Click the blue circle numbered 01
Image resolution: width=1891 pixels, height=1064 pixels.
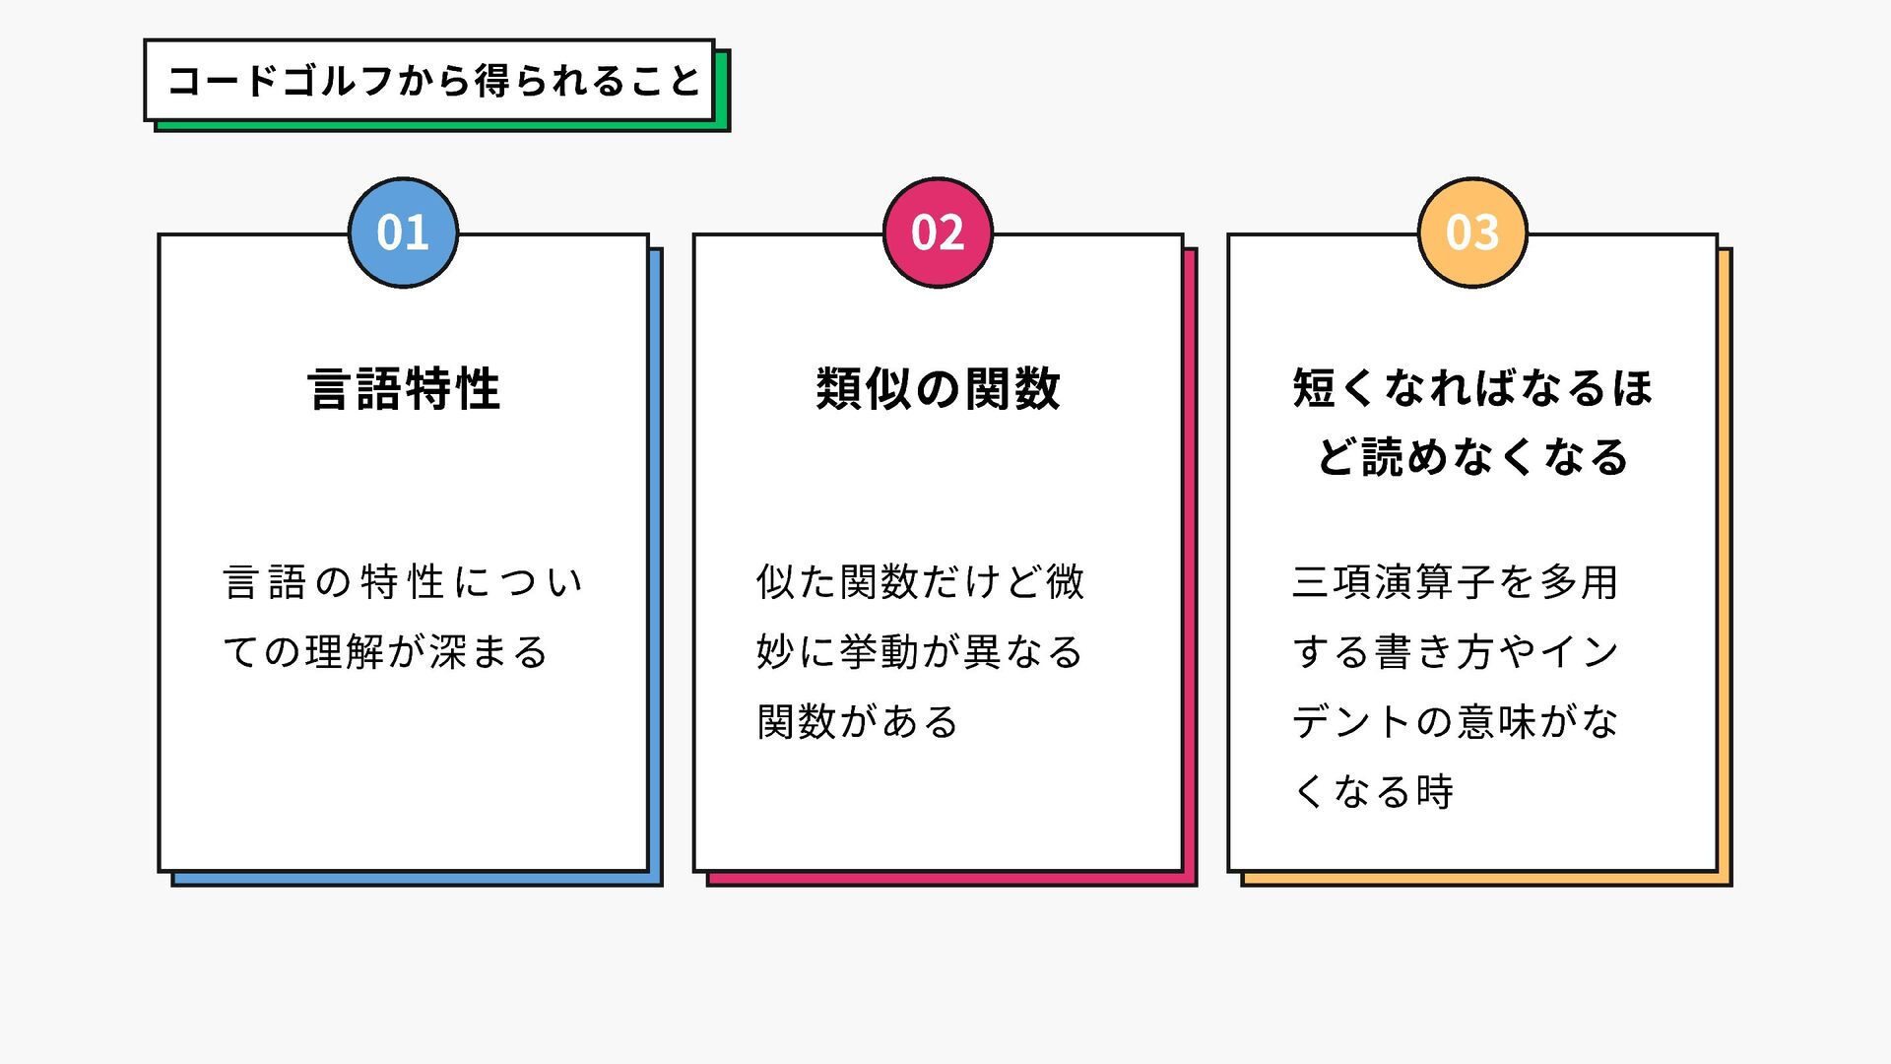pyautogui.click(x=403, y=233)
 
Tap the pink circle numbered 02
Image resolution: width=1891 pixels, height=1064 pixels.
pyautogui.click(x=938, y=233)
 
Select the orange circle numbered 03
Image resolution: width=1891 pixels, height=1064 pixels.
pyautogui.click(x=1472, y=233)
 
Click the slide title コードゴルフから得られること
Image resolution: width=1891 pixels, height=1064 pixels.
pyautogui.click(x=432, y=81)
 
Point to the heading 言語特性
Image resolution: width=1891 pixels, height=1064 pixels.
pyautogui.click(x=404, y=388)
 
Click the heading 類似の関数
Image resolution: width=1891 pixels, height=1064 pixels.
pyautogui.click(x=938, y=388)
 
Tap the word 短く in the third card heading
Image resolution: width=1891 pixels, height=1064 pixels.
pyautogui.click(x=1337, y=388)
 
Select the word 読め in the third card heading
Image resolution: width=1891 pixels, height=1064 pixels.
pyautogui.click(x=1405, y=458)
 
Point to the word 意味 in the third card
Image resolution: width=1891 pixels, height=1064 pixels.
pyautogui.click(x=1498, y=722)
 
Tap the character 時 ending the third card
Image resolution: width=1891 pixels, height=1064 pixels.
pyautogui.click(x=1435, y=792)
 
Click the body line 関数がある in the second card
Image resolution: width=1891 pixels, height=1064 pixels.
pyautogui.click(x=857, y=722)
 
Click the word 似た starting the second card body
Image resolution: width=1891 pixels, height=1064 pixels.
pyautogui.click(x=796, y=582)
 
